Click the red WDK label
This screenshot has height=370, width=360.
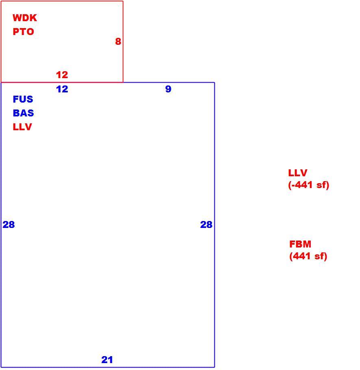coord(25,18)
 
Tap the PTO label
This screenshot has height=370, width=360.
coord(23,32)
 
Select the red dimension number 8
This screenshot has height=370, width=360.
coord(118,41)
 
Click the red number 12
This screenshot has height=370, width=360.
coord(62,75)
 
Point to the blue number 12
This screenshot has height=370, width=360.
coord(62,89)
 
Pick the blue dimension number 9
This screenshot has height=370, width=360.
coord(168,89)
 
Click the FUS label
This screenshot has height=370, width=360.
coord(23,99)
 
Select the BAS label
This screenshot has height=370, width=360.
coord(23,113)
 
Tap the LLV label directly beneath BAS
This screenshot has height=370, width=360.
coord(22,127)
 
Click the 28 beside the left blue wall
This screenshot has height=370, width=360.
coord(9,225)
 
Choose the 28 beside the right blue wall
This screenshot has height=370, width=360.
coord(206,225)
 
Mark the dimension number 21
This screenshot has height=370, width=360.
coord(107,360)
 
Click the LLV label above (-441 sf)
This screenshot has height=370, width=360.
coord(297,173)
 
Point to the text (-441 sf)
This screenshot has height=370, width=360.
coord(308,185)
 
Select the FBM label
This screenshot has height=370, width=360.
coord(300,244)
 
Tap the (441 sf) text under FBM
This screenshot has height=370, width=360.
coord(308,256)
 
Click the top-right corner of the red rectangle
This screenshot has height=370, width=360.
coord(123,1)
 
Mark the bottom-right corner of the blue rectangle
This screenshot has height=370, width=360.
coord(214,367)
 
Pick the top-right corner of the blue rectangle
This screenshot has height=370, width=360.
coord(214,83)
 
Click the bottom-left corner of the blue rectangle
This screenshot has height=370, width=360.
coord(1,367)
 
